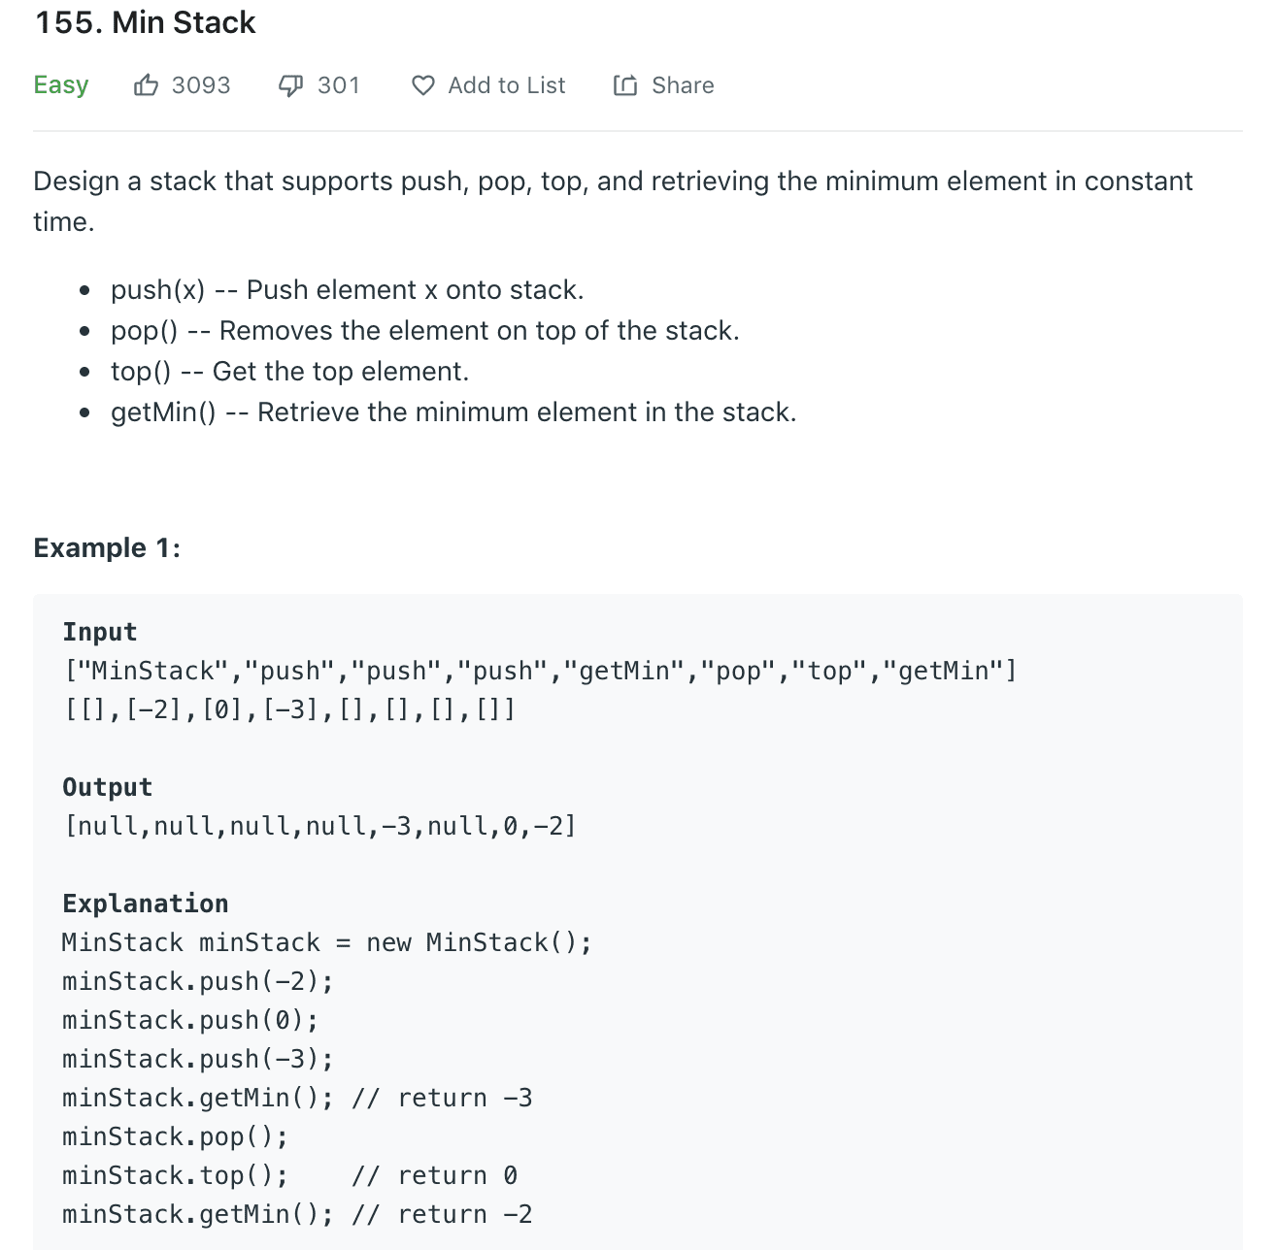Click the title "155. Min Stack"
pyautogui.click(x=146, y=22)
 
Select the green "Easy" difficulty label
pyautogui.click(x=61, y=85)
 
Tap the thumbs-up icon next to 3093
pyautogui.click(x=146, y=85)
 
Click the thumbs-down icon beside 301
pyautogui.click(x=290, y=85)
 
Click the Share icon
pyautogui.click(x=625, y=85)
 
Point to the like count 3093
pyautogui.click(x=201, y=85)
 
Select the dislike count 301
pyautogui.click(x=339, y=85)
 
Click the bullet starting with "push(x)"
pyautogui.click(x=347, y=290)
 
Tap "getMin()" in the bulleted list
pyautogui.click(x=163, y=412)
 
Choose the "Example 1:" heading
pyautogui.click(x=107, y=548)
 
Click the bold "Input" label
pyautogui.click(x=100, y=632)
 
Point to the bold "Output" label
pyautogui.click(x=108, y=787)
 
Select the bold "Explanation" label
pyautogui.click(x=146, y=904)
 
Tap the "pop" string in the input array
pyautogui.click(x=738, y=671)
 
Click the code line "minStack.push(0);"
pyautogui.click(x=190, y=1020)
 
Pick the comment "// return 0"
pyautogui.click(x=434, y=1175)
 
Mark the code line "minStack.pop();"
pyautogui.click(x=175, y=1136)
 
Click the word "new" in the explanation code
pyautogui.click(x=388, y=942)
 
